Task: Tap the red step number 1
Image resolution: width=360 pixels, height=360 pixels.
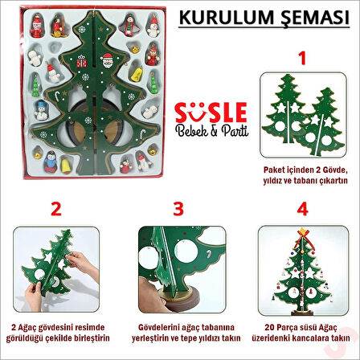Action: (302, 58)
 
